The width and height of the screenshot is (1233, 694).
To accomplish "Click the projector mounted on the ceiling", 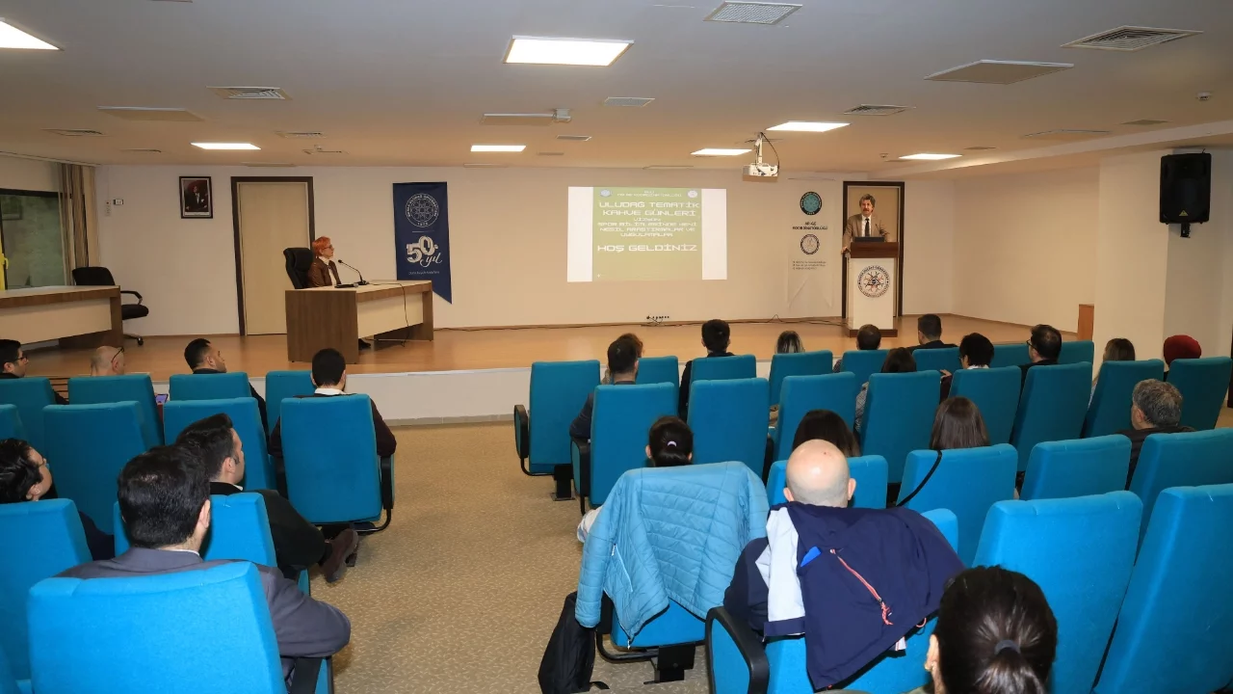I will pyautogui.click(x=760, y=170).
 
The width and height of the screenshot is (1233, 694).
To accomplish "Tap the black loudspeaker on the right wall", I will pyautogui.click(x=1184, y=189).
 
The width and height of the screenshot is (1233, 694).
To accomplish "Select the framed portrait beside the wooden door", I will pyautogui.click(x=196, y=197).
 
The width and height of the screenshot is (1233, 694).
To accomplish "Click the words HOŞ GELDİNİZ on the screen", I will pyautogui.click(x=645, y=248).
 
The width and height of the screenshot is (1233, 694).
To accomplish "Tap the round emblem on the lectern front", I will pyautogui.click(x=873, y=281).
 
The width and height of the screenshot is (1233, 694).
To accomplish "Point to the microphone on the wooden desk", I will pyautogui.click(x=353, y=273).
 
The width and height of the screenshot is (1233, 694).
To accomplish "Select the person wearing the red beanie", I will pyautogui.click(x=1181, y=349).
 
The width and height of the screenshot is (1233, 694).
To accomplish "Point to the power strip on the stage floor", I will pyautogui.click(x=658, y=318).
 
